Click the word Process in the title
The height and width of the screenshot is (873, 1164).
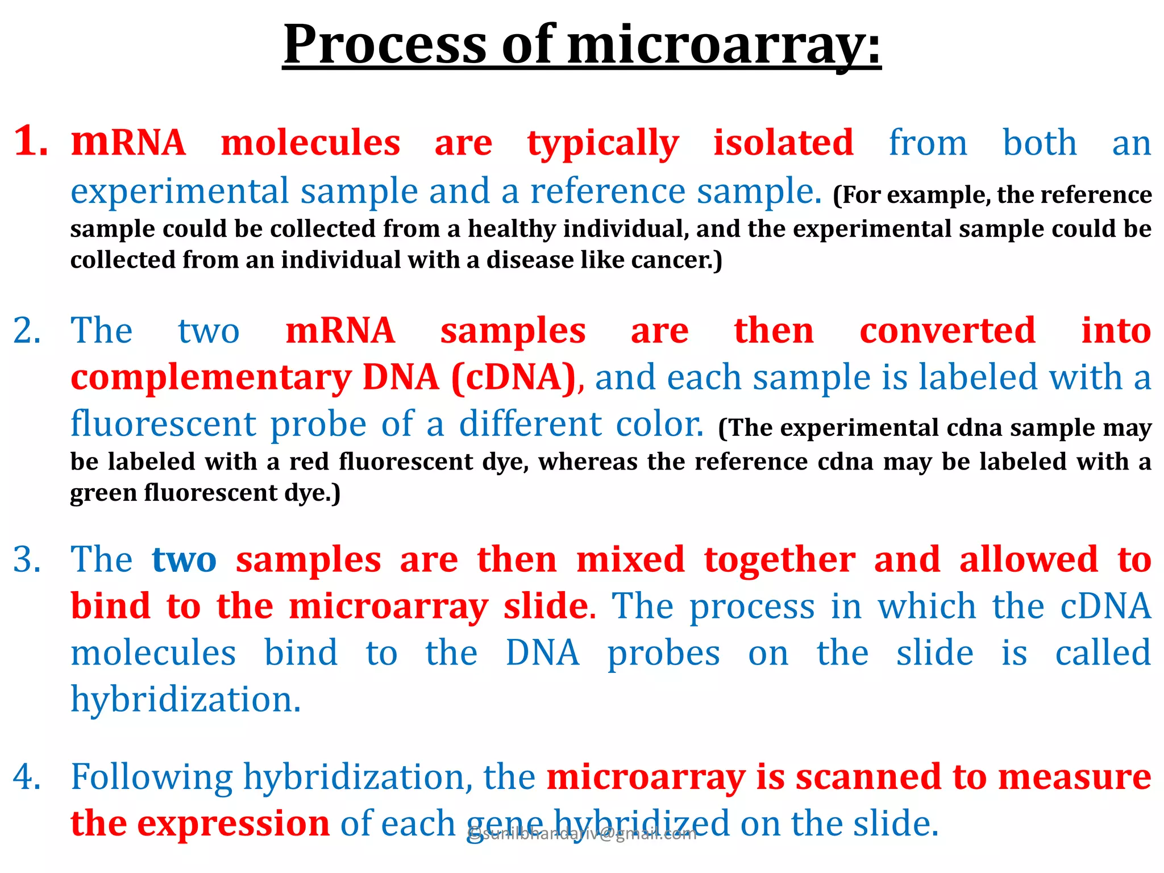tap(385, 45)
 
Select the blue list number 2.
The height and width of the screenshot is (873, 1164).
tap(27, 331)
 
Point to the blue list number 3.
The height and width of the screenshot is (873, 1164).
tap(27, 560)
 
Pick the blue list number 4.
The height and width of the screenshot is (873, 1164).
tap(27, 777)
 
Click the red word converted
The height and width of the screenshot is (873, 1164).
tap(947, 331)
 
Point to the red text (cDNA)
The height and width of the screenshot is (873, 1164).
tap(514, 377)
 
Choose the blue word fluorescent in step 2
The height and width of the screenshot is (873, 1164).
tap(164, 424)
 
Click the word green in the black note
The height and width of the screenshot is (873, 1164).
tap(103, 493)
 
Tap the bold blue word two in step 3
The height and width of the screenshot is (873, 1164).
tap(184, 560)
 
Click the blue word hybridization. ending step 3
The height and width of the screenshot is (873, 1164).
tap(185, 700)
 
